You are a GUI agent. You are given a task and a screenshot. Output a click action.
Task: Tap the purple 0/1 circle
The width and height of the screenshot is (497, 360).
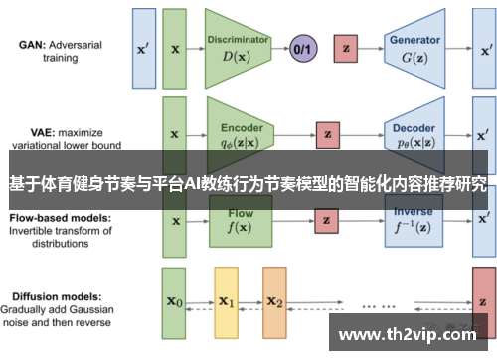click(302, 47)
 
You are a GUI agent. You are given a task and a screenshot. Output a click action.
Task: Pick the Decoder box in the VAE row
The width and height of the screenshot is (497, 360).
click(415, 134)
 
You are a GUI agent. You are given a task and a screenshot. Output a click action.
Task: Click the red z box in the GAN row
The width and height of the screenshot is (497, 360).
click(346, 47)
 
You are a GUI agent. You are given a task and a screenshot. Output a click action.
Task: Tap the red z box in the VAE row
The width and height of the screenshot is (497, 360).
click(326, 133)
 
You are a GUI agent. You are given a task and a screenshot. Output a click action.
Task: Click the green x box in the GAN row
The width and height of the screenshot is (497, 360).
click(175, 47)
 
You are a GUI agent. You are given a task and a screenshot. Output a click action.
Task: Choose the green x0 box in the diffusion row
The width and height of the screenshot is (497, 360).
click(175, 302)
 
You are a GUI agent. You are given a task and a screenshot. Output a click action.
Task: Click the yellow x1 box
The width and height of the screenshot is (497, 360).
click(226, 302)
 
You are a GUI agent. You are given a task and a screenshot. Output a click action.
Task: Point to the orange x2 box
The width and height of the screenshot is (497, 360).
click(275, 302)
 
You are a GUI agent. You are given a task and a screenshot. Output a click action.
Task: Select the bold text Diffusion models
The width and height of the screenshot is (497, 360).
click(56, 295)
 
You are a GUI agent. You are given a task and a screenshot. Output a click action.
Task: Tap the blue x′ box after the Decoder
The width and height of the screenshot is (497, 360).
click(482, 133)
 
